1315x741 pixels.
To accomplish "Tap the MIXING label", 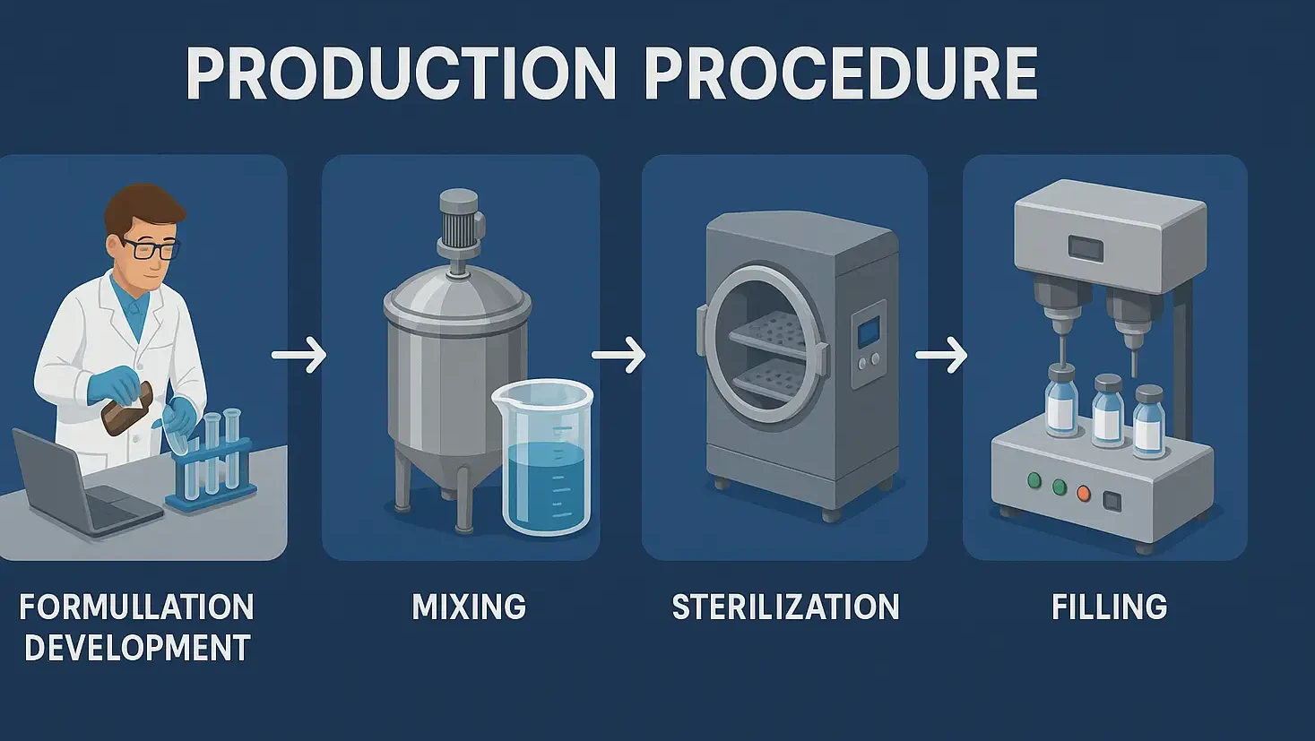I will click(x=469, y=607).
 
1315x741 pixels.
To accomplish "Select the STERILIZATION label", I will click(x=785, y=607).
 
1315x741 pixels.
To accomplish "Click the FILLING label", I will click(x=1109, y=607).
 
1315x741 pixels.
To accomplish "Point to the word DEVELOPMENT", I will click(x=137, y=648).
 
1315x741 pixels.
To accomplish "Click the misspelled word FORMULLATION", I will click(x=137, y=607).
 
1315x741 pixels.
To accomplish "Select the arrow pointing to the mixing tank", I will click(x=299, y=355).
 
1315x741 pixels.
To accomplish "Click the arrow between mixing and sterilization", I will click(x=619, y=355).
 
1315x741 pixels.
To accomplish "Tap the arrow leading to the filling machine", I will click(x=941, y=355).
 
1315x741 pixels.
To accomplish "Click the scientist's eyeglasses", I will click(x=150, y=248).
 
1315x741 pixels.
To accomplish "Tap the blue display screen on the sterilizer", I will click(x=868, y=333).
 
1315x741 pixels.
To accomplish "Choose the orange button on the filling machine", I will click(x=1084, y=493).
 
